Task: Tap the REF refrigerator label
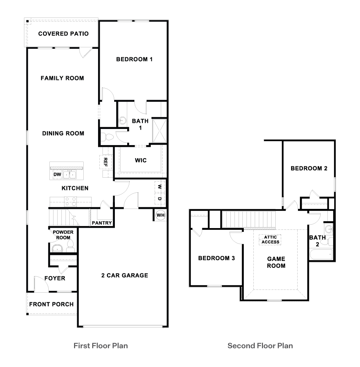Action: [x=106, y=162]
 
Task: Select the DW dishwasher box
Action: [x=57, y=175]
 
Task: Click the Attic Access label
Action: [x=271, y=239]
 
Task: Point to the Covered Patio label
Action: [x=63, y=34]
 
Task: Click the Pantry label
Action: [x=102, y=223]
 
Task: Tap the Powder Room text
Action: [x=63, y=235]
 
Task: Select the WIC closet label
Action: [x=141, y=160]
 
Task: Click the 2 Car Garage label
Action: [x=125, y=275]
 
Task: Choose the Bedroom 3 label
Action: [x=216, y=258]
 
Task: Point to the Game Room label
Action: [x=276, y=262]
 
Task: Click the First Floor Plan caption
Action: [x=101, y=345]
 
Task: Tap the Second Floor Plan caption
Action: [x=260, y=345]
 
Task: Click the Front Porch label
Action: [x=51, y=304]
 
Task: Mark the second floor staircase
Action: [x=249, y=220]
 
